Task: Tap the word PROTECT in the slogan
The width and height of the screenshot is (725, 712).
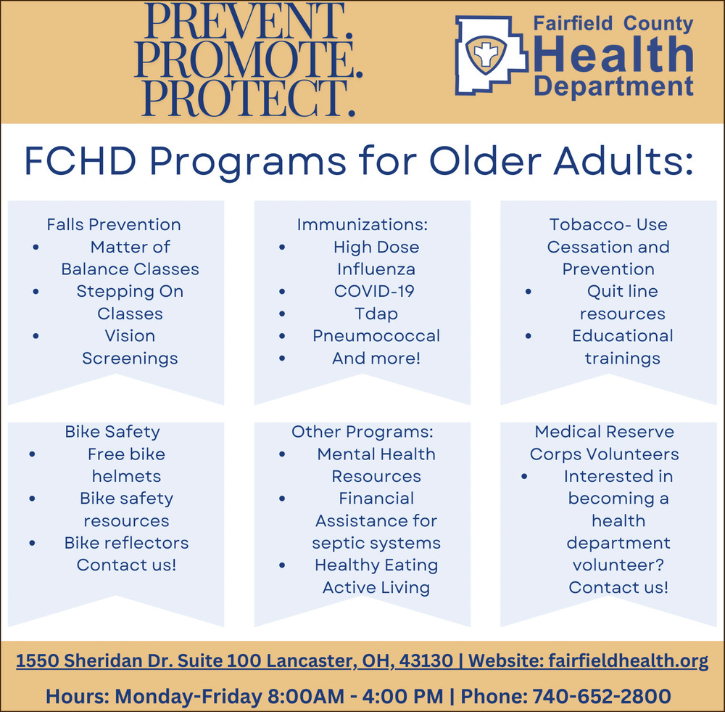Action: point(249,98)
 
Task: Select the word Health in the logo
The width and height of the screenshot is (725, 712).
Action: point(613,54)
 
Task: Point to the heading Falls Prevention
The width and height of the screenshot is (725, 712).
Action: point(114,224)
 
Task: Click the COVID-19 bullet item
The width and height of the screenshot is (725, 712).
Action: point(374,291)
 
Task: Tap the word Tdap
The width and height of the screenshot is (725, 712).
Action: point(376,314)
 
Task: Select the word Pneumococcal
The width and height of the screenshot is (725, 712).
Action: point(376,335)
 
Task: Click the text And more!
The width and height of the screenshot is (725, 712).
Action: point(376,358)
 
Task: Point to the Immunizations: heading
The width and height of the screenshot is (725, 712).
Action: point(362,224)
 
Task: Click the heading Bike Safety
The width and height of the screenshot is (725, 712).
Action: point(112,431)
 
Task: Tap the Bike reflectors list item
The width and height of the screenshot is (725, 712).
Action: point(126,543)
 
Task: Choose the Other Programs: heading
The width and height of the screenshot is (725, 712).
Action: point(362,431)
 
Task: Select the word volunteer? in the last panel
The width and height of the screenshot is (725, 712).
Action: point(618,565)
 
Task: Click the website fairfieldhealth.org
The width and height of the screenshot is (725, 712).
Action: point(629,660)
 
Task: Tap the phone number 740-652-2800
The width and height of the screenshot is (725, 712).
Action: point(602,696)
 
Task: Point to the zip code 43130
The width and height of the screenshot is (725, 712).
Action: point(426,660)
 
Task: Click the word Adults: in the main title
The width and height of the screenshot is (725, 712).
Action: point(623,162)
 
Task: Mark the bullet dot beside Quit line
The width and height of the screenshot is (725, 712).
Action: point(529,292)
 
